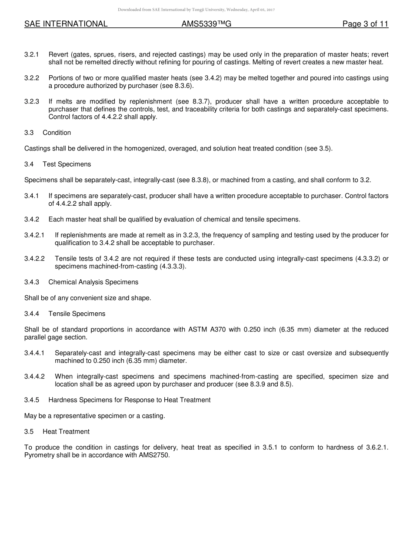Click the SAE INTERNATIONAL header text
click(x=66, y=24)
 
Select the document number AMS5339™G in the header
click(x=206, y=24)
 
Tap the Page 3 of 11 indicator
click(x=365, y=24)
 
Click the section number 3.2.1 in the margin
click(x=32, y=54)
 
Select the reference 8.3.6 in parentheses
click(x=172, y=86)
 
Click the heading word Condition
click(x=57, y=133)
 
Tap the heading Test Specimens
click(x=67, y=164)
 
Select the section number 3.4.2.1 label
click(x=34, y=235)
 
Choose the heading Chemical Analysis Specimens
click(x=93, y=282)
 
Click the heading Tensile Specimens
click(x=77, y=314)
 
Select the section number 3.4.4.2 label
click(x=34, y=377)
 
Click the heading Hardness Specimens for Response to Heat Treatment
click(x=129, y=400)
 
